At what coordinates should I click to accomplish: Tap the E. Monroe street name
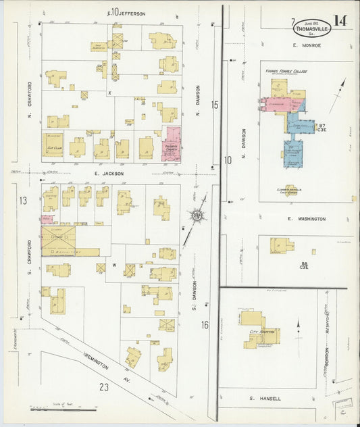coord(307,45)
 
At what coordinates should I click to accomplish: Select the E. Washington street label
coord(306,219)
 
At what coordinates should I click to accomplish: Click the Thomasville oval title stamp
coord(311,27)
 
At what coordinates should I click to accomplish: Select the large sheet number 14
coord(340,20)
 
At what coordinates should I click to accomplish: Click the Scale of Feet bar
coord(64,408)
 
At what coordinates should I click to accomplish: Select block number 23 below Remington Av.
coord(103,386)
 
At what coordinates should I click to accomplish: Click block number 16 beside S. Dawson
coord(204,325)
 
